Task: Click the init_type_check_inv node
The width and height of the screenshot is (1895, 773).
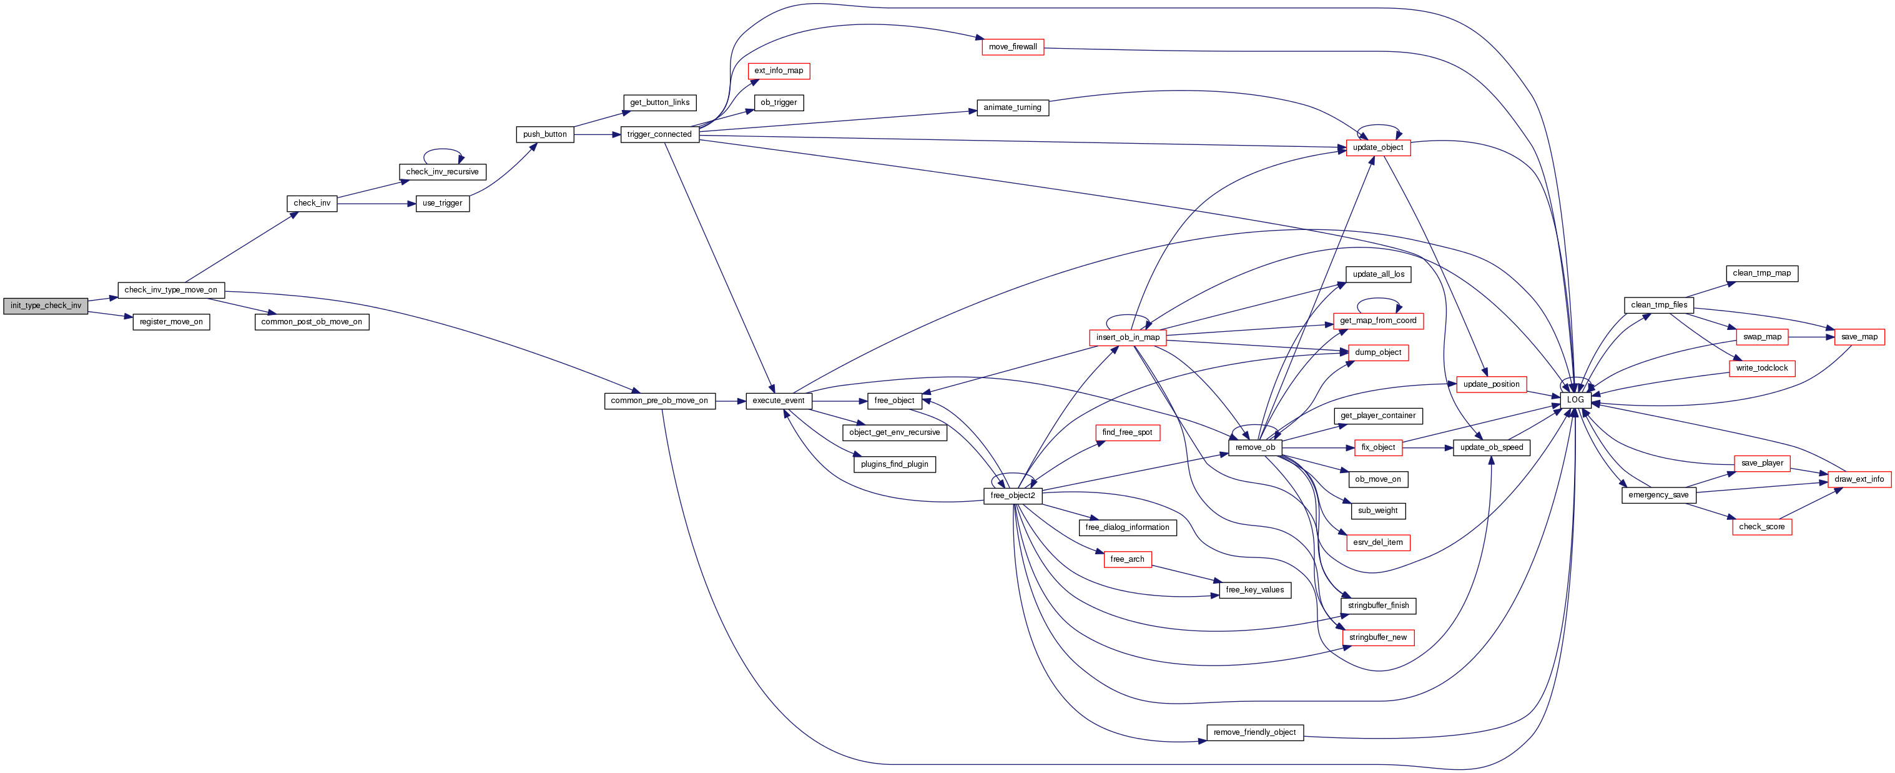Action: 46,306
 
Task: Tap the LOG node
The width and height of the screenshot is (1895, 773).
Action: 1575,400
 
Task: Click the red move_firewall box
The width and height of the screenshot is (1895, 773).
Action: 1012,46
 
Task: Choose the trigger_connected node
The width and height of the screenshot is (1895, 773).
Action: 659,134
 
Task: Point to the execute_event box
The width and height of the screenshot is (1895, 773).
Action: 779,401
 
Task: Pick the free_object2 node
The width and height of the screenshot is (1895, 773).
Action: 1012,496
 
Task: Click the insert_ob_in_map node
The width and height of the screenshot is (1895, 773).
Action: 1127,337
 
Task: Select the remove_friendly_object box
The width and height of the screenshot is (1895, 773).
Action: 1254,732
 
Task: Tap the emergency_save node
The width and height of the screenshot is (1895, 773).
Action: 1658,495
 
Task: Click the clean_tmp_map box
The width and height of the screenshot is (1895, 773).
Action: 1761,273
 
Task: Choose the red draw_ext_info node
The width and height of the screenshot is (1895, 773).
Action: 1859,479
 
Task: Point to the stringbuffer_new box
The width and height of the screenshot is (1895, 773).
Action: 1377,637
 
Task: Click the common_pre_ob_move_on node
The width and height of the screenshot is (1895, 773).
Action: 659,401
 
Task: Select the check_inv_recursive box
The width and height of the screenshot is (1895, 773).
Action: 442,171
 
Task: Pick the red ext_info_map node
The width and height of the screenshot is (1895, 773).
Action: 779,71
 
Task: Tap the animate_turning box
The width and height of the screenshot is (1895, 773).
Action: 1012,107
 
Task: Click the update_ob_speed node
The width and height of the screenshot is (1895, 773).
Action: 1491,447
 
